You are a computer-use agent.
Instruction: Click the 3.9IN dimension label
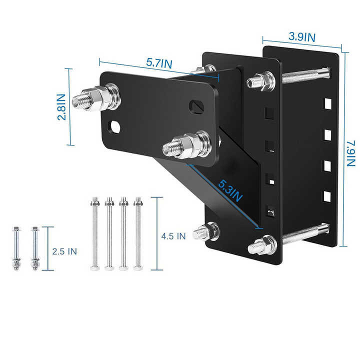coord(302,37)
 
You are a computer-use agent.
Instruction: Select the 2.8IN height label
coord(61,107)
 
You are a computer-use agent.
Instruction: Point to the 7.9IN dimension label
coord(351,153)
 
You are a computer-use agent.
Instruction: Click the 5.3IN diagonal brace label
coord(230,191)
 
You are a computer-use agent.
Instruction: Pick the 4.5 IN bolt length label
coord(173,236)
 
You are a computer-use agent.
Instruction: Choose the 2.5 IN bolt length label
coord(64,251)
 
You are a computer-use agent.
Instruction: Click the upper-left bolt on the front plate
coord(95,97)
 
